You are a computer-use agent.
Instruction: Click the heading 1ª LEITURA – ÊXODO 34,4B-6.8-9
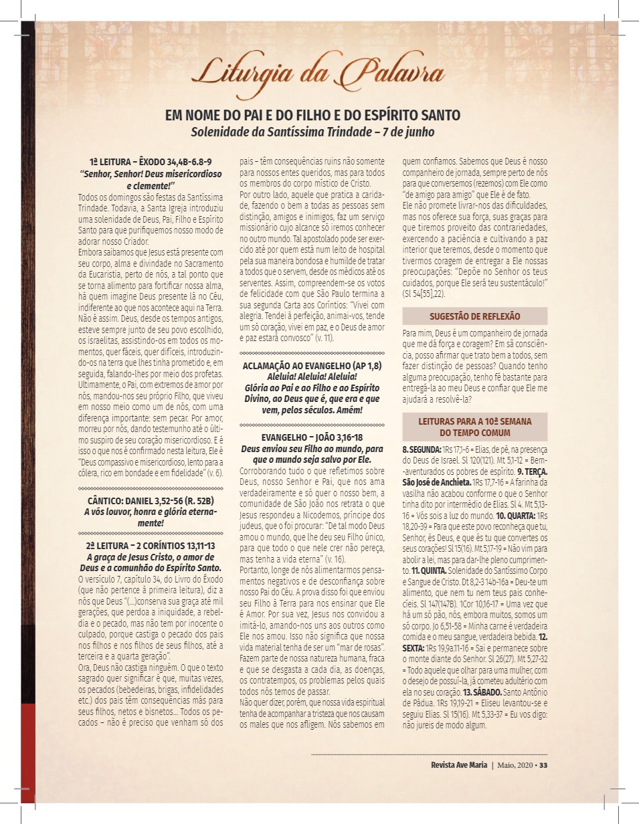pos(151,162)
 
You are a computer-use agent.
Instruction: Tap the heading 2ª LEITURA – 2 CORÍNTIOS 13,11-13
pos(151,546)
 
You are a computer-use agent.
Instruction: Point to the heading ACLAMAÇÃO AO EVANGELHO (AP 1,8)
pos(312,367)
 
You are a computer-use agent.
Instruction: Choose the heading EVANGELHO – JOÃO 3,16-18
pos(312,437)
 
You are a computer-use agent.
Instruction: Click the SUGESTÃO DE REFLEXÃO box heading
pos(474,316)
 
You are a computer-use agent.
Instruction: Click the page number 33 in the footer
pos(543,765)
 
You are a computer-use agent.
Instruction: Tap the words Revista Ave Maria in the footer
pos(453,765)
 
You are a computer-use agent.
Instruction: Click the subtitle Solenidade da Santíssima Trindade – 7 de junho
pos(312,132)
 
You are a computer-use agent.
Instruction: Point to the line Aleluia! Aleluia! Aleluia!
pos(312,377)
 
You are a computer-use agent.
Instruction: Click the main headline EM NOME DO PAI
pos(312,116)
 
